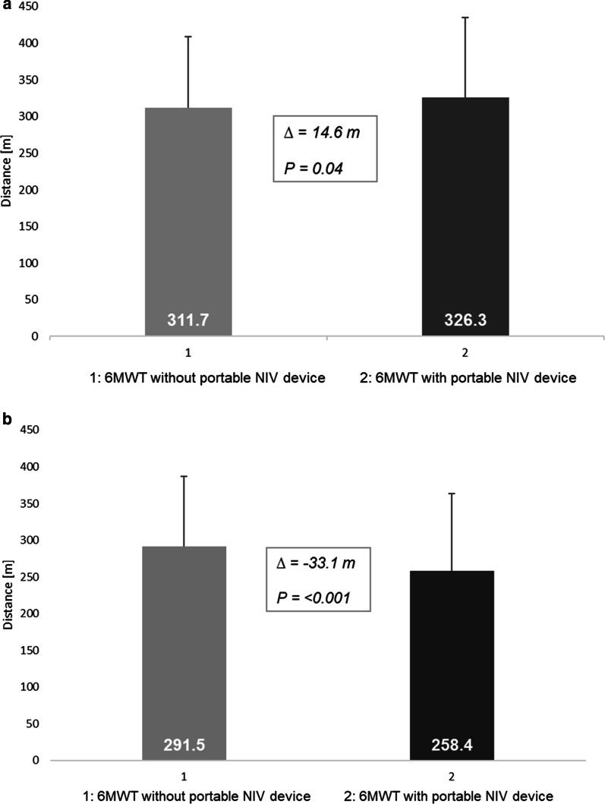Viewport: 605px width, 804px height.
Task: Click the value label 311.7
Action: [x=188, y=322]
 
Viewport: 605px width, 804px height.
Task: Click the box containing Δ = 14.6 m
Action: [x=325, y=148]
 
